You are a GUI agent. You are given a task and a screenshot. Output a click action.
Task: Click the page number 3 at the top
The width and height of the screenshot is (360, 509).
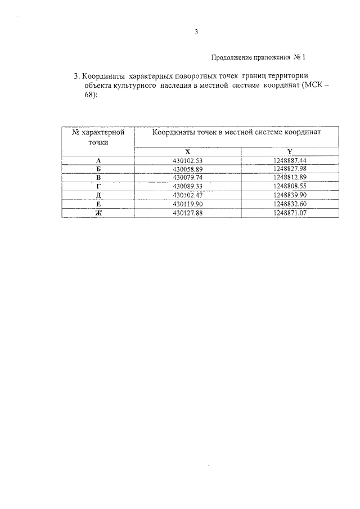[197, 32]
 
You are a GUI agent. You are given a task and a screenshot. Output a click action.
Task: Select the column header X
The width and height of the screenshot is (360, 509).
[187, 152]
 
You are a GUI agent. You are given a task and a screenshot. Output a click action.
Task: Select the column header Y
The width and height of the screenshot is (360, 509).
[290, 152]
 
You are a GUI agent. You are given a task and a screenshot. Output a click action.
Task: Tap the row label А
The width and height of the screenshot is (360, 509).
[98, 161]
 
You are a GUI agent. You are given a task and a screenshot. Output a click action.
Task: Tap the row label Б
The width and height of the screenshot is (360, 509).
[98, 169]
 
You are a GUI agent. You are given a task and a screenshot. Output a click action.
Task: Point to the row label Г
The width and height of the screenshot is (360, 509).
[98, 186]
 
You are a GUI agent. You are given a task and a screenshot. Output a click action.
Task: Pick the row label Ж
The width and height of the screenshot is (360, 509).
[98, 212]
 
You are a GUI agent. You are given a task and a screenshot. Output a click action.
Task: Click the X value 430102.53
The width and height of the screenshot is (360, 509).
[187, 161]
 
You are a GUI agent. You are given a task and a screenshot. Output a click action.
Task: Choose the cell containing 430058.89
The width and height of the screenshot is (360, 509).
[187, 169]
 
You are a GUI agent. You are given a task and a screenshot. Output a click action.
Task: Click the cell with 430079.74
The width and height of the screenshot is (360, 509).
[187, 177]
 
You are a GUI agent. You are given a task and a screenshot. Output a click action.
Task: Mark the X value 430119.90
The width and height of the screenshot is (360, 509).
[187, 204]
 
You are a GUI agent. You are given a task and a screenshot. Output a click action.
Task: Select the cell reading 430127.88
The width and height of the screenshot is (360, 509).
[187, 212]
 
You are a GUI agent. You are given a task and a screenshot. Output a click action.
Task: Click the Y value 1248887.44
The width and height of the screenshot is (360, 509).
[290, 161]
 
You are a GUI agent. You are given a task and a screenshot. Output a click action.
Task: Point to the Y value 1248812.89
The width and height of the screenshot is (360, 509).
[290, 177]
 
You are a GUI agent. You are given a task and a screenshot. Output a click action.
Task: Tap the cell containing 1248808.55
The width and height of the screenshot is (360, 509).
[290, 186]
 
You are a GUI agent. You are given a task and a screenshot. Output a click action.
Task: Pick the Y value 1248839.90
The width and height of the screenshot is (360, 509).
[290, 195]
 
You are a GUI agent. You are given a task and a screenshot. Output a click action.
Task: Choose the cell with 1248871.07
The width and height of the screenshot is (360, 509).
[290, 212]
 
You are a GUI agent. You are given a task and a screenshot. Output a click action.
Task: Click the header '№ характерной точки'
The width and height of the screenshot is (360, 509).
[98, 137]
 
